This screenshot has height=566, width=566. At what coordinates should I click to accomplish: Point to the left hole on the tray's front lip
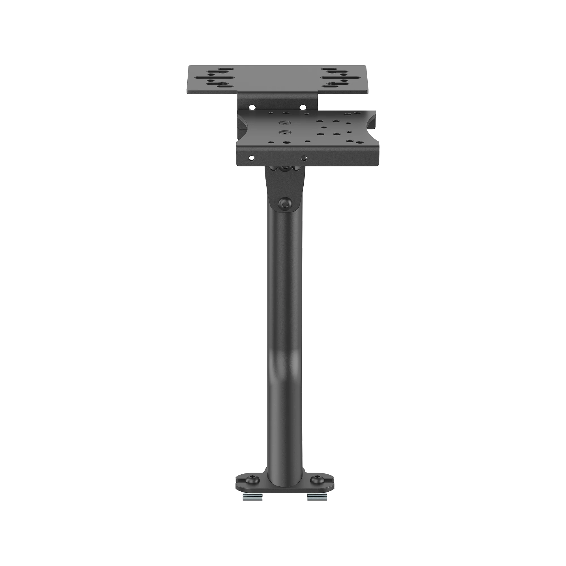click(x=251, y=158)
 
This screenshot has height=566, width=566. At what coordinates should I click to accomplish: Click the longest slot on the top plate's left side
click(x=216, y=78)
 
